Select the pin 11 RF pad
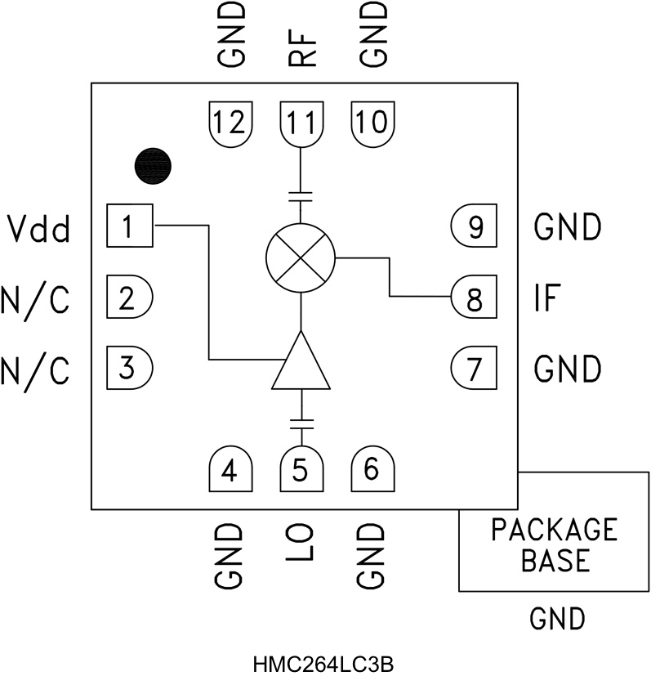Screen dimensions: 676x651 coord(301,123)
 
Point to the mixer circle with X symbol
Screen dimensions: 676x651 coord(301,257)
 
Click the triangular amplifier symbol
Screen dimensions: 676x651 coord(301,364)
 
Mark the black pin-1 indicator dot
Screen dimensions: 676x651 coord(154,166)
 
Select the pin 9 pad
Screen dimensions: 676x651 coord(474,226)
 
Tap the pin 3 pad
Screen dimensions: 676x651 coord(130,368)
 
